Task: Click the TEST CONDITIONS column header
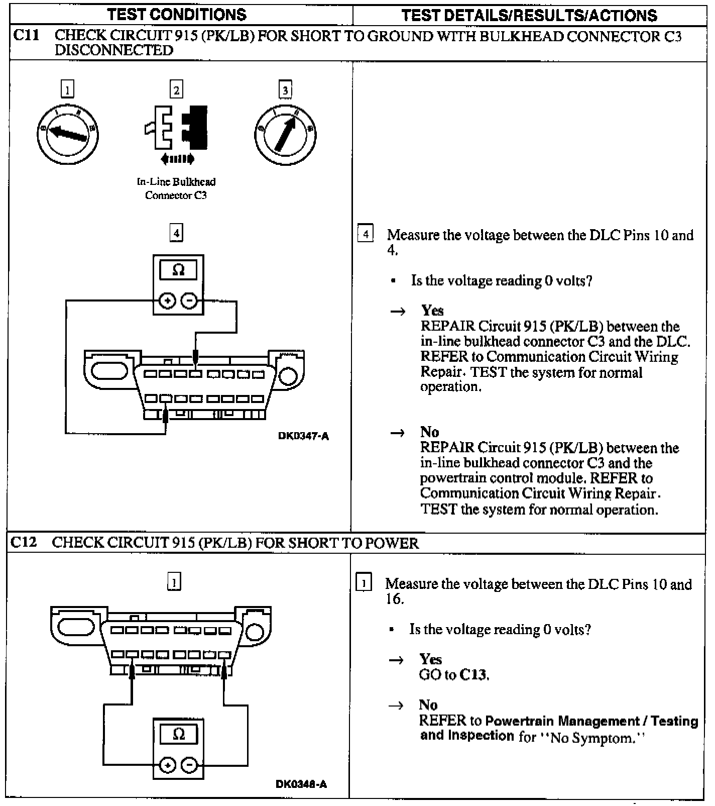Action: (177, 15)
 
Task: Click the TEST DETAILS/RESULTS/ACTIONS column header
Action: (529, 16)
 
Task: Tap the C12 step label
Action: (24, 542)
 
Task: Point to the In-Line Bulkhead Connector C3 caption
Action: (176, 188)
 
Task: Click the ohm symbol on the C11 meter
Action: (178, 270)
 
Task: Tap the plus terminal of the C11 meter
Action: (167, 301)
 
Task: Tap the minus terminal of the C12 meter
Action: (189, 765)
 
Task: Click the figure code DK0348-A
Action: (302, 784)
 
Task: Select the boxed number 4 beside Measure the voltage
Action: (366, 234)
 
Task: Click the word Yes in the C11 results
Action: (432, 310)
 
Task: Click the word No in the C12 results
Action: (428, 704)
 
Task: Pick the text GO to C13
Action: (454, 674)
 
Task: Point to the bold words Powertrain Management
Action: (562, 721)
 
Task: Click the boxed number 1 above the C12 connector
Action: (174, 581)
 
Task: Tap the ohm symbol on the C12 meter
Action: (178, 734)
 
